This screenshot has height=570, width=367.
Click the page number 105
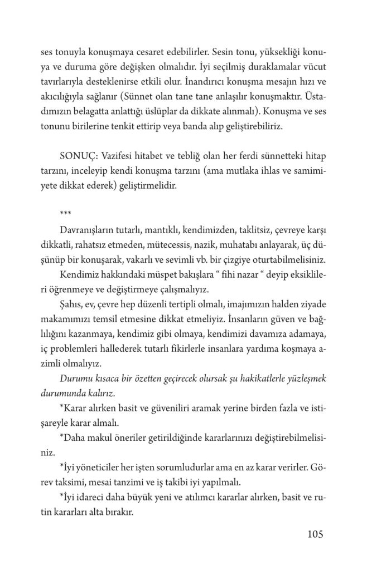tap(315, 535)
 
